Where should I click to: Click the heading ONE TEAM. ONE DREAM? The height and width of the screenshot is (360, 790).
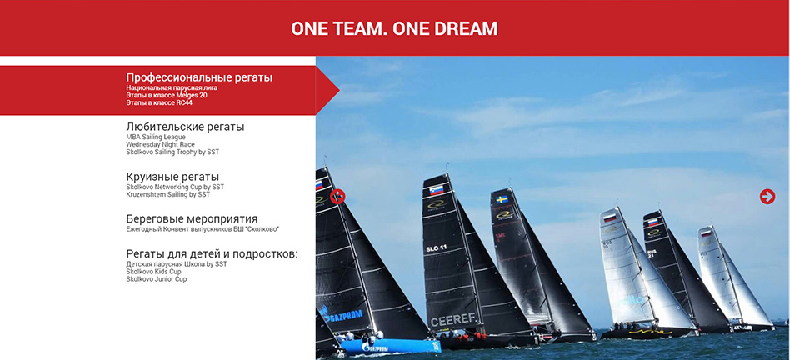point(394,28)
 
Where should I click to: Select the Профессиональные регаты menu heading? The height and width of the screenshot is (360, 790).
point(199,77)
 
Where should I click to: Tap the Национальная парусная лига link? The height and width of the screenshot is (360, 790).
point(172,87)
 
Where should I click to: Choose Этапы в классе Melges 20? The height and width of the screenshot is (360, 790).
point(167,95)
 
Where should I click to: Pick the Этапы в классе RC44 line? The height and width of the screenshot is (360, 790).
point(159,102)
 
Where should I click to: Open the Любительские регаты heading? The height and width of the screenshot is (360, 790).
point(185,127)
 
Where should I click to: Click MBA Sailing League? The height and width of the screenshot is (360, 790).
point(156,137)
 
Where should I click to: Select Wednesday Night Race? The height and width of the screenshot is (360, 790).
point(160,144)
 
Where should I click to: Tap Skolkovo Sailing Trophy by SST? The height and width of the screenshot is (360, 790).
point(172,152)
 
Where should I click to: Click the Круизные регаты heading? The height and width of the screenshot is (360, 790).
point(172,177)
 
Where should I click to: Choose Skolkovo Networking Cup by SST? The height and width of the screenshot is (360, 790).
point(175,187)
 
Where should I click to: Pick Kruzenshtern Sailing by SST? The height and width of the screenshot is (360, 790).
point(167,194)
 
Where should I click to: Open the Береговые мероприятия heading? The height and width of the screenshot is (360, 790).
point(192,219)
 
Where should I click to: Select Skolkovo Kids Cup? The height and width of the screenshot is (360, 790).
point(153,272)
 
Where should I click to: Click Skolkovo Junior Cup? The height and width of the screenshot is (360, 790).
point(156,279)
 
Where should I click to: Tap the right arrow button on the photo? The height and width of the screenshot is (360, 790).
point(767,197)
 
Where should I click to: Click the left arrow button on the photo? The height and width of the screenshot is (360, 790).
point(337,197)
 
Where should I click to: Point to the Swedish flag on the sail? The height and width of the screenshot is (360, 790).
point(502,200)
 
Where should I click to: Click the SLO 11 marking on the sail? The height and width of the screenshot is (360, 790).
point(437,248)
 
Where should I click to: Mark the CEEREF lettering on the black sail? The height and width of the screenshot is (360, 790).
point(453,320)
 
